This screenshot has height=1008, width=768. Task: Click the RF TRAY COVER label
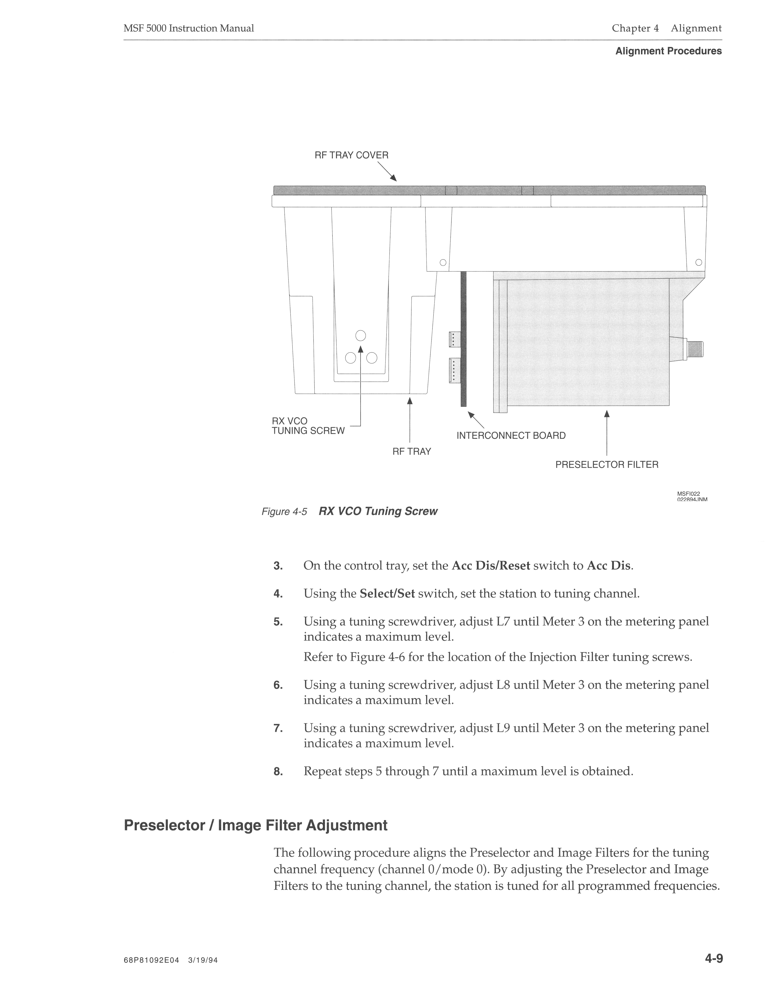click(351, 155)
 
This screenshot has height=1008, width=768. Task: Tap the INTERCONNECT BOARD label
click(511, 436)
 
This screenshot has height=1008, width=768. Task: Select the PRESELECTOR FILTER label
click(607, 465)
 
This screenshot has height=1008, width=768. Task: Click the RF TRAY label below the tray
click(411, 452)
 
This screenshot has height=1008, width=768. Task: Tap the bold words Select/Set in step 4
click(387, 594)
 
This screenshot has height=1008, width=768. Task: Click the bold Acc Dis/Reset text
click(491, 566)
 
